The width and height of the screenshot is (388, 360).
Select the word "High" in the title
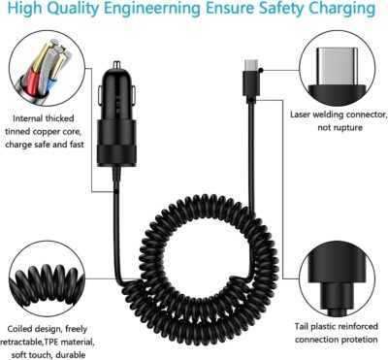pos(26,12)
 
